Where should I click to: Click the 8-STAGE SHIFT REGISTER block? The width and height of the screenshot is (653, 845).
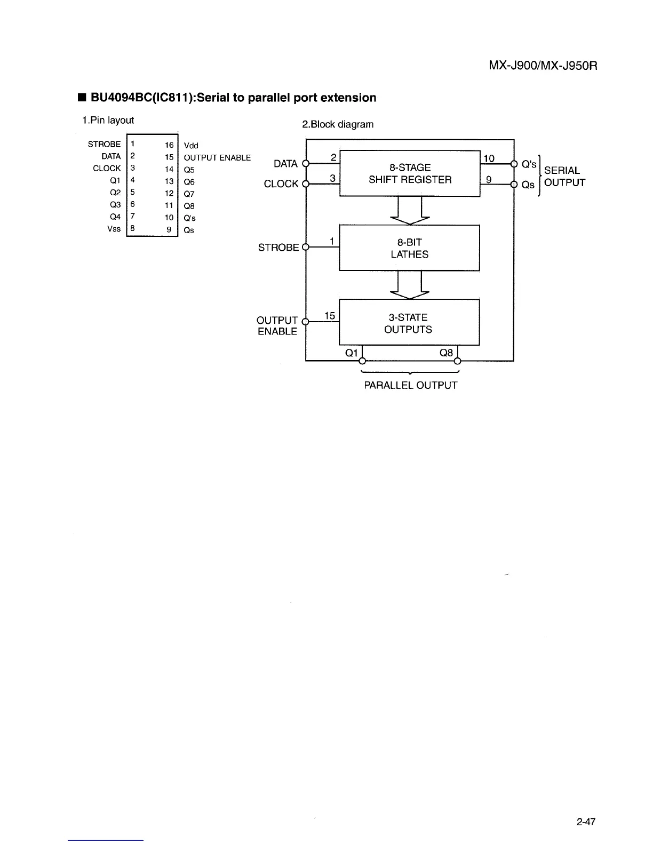click(x=410, y=174)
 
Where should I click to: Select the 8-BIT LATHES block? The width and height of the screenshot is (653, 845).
click(x=409, y=248)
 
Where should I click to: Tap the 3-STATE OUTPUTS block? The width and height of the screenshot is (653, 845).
click(x=409, y=323)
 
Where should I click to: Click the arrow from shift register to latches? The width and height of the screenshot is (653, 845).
click(x=410, y=210)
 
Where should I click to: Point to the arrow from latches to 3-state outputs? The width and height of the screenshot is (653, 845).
click(x=410, y=285)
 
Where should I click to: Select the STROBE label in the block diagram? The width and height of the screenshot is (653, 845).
click(x=278, y=248)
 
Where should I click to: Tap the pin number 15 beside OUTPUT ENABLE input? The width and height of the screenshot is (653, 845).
click(x=330, y=316)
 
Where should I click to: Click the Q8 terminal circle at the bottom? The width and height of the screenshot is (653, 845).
click(x=457, y=361)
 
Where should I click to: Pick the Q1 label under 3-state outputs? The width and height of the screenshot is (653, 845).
click(x=352, y=353)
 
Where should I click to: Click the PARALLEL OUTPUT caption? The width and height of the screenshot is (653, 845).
click(x=410, y=385)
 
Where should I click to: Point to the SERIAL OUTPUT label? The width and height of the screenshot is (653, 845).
click(x=564, y=177)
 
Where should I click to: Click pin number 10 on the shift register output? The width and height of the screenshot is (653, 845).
click(x=489, y=158)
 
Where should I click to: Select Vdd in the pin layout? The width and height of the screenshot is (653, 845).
click(x=191, y=146)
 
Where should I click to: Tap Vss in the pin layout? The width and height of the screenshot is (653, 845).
click(x=114, y=229)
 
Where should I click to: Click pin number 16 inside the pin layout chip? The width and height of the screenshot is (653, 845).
click(x=169, y=145)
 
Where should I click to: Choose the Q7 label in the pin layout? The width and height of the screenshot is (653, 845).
click(x=189, y=194)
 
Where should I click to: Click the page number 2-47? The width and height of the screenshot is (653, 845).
click(x=586, y=822)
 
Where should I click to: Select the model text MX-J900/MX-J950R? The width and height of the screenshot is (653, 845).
click(x=543, y=67)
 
